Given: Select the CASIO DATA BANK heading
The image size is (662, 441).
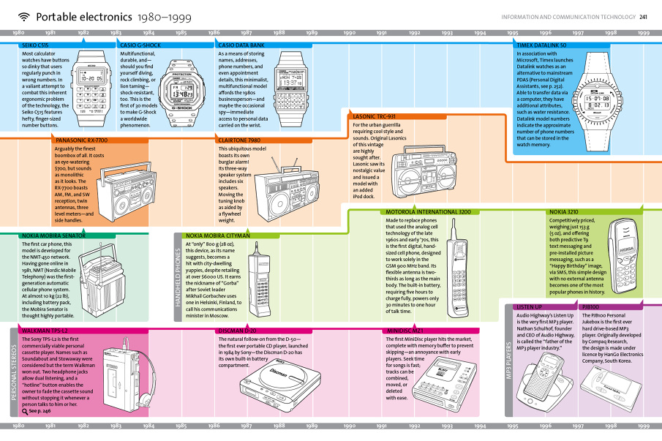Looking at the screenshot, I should click(241, 45).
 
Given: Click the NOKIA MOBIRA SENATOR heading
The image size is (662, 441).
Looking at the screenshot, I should click(53, 236).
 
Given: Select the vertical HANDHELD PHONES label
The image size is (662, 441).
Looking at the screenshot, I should click(177, 274).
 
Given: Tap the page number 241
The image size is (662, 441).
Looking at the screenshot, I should click(643, 17).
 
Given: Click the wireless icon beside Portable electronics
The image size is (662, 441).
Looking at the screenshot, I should click(23, 17).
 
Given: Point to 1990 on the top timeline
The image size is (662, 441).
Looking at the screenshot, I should click(349, 33).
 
